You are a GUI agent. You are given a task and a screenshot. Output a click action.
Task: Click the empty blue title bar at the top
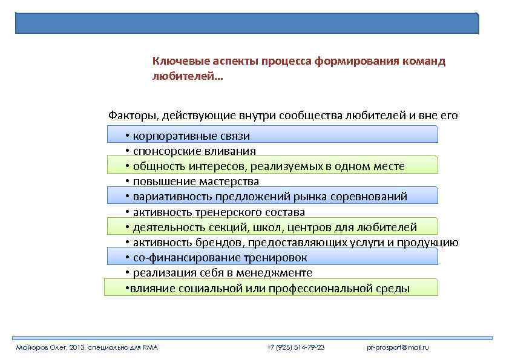247,23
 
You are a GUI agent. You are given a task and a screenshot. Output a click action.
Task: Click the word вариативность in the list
171,197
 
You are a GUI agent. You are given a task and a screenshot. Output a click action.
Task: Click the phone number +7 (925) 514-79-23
295,348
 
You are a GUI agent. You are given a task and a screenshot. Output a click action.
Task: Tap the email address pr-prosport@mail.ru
398,348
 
